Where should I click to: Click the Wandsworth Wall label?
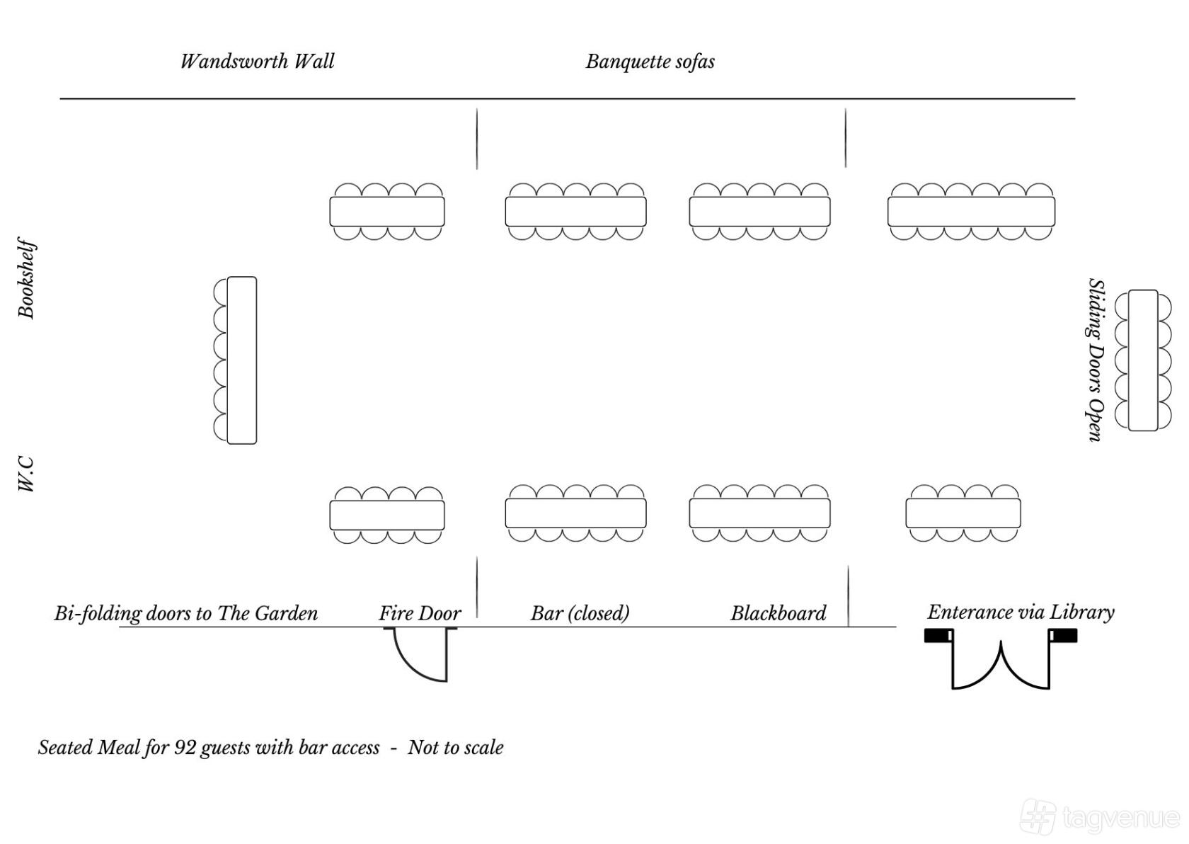[x=258, y=62]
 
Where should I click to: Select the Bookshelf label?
[x=27, y=278]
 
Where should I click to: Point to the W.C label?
[x=27, y=474]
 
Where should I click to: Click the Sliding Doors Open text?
[x=1096, y=360]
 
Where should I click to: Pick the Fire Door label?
[x=420, y=613]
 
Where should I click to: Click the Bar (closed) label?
[x=580, y=613]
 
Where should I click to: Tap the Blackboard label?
[x=779, y=613]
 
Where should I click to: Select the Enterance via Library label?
[x=1021, y=612]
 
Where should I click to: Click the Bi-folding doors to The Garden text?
[x=186, y=613]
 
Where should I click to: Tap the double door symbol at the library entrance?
[x=1001, y=658]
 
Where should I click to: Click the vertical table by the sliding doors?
[x=1144, y=360]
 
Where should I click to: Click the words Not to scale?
[x=456, y=748]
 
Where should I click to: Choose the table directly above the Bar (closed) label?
[x=576, y=513]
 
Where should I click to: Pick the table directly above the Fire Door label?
[x=387, y=515]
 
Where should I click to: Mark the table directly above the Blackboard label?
[x=759, y=513]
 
